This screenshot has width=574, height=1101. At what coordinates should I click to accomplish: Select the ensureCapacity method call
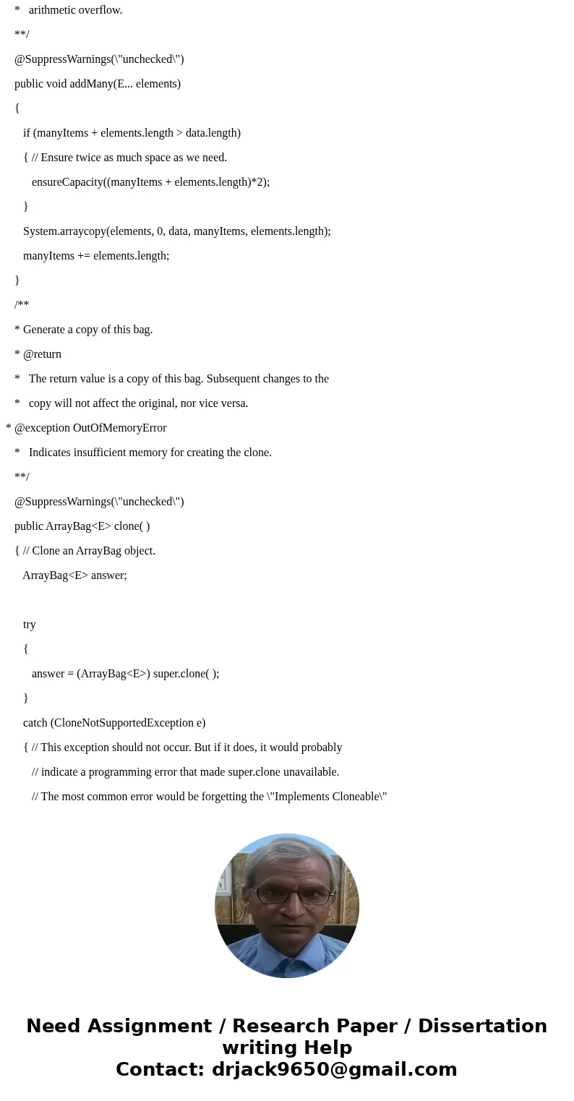pyautogui.click(x=67, y=182)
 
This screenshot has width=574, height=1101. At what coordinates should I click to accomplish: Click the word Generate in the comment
pyautogui.click(x=46, y=330)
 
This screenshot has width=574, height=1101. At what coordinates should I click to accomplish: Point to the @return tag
pyautogui.click(x=42, y=354)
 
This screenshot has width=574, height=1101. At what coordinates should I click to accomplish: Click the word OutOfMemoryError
pyautogui.click(x=120, y=428)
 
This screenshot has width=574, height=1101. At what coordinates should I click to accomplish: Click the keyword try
pyautogui.click(x=29, y=625)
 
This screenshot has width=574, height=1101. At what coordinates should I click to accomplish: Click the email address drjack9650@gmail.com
pyautogui.click(x=334, y=1069)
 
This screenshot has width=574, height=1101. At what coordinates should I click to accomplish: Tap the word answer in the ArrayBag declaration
pyautogui.click(x=106, y=575)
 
